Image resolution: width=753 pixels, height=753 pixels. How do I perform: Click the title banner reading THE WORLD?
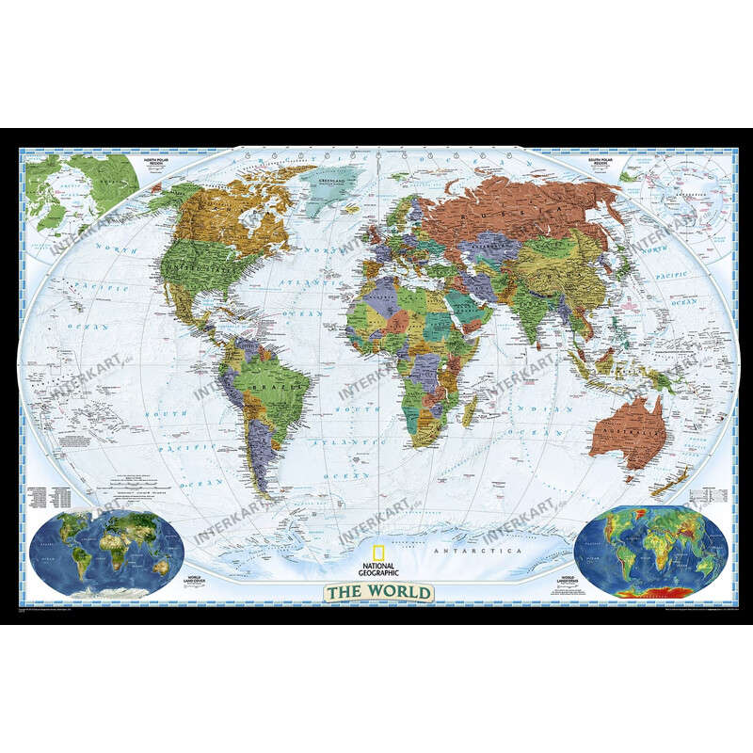[x=379, y=593]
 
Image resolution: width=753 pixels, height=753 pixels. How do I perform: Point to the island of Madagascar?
[x=468, y=410]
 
